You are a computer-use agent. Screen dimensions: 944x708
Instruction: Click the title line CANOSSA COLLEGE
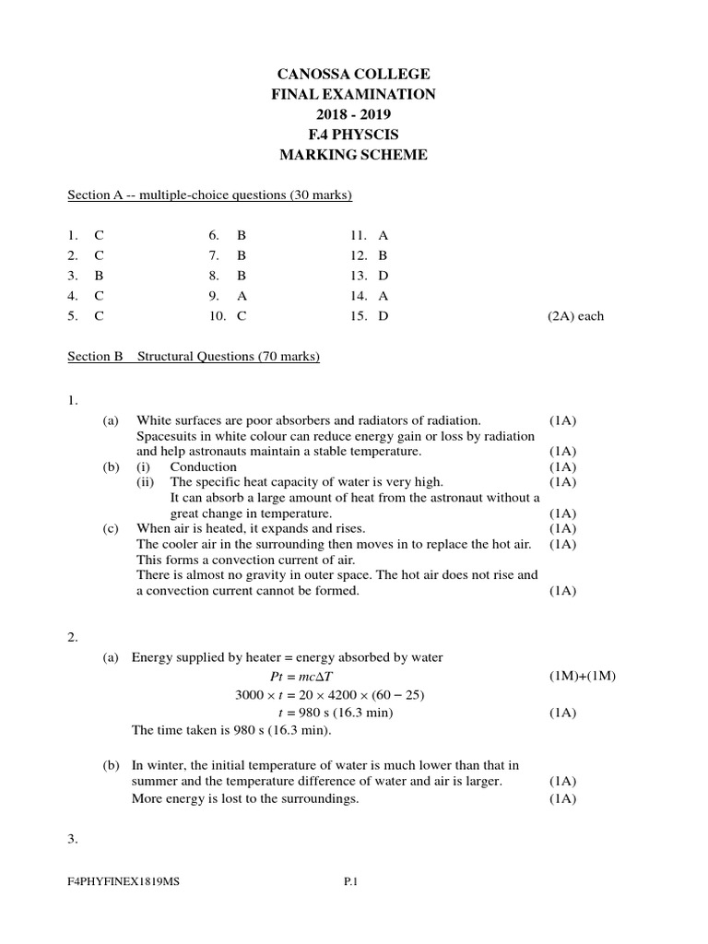click(x=353, y=74)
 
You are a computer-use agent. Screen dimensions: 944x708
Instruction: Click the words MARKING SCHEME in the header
click(x=353, y=155)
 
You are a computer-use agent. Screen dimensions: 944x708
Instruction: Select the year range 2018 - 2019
click(x=353, y=114)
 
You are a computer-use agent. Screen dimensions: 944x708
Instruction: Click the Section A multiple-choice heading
click(x=210, y=195)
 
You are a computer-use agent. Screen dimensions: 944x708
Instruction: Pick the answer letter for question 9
click(x=242, y=296)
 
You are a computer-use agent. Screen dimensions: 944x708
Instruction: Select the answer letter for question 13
click(x=383, y=276)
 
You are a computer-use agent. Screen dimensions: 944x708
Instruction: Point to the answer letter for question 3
click(x=99, y=276)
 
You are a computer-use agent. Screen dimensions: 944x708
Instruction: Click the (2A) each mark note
click(x=575, y=316)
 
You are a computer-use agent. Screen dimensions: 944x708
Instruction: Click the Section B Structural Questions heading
click(x=194, y=357)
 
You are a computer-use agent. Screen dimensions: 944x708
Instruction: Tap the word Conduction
click(x=203, y=466)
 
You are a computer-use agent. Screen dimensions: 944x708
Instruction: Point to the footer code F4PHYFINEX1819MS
click(x=124, y=882)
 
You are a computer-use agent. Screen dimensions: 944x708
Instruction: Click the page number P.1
click(x=350, y=882)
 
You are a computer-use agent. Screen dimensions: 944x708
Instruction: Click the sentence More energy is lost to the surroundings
click(x=245, y=798)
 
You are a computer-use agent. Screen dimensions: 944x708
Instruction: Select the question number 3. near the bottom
click(x=73, y=840)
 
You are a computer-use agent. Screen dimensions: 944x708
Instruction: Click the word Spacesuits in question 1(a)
click(x=166, y=436)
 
